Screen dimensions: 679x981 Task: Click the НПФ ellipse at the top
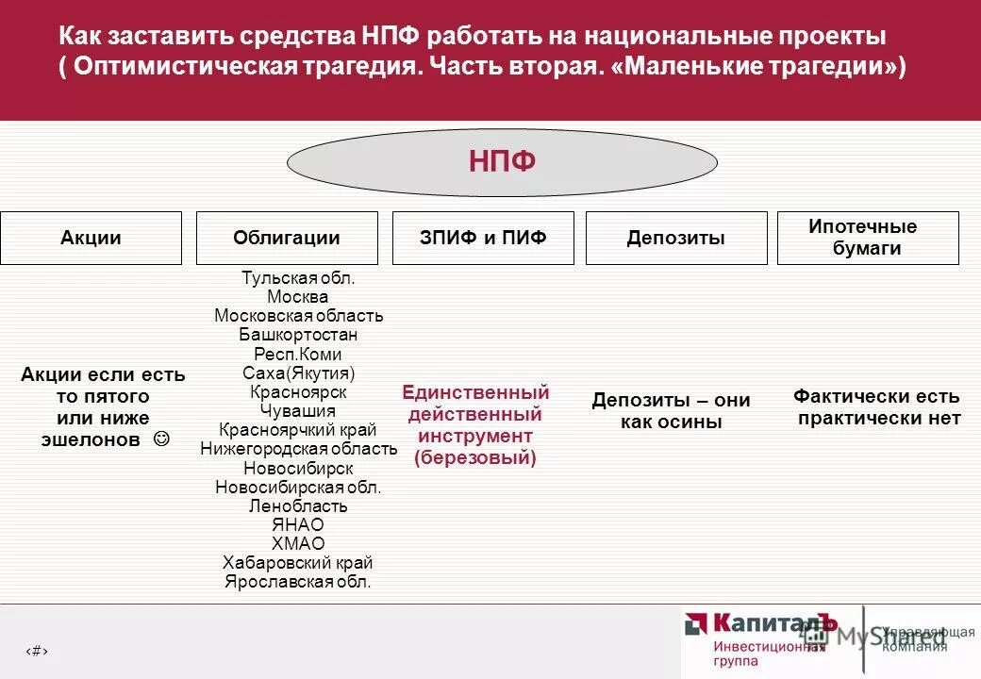tap(501, 162)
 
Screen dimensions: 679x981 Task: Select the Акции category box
tap(91, 238)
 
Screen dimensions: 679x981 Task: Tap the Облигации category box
tap(287, 238)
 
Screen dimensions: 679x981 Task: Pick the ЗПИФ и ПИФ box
tap(482, 238)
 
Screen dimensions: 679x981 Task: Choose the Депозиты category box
tap(675, 238)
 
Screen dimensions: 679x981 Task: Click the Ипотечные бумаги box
tap(867, 238)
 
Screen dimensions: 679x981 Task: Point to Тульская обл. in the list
tap(298, 278)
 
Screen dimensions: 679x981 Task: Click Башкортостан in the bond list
tap(298, 335)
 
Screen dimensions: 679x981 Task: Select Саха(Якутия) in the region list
tap(298, 373)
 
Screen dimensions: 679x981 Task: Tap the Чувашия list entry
tap(298, 410)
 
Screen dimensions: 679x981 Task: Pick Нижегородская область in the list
tap(298, 449)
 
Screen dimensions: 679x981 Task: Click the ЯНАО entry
tap(298, 524)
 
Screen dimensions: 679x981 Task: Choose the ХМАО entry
tap(298, 543)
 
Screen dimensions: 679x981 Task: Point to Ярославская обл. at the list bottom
tap(298, 581)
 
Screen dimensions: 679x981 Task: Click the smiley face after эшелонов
tap(161, 439)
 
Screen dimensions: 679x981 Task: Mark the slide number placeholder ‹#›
tap(36, 650)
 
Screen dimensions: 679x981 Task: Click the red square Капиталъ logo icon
tap(697, 623)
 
